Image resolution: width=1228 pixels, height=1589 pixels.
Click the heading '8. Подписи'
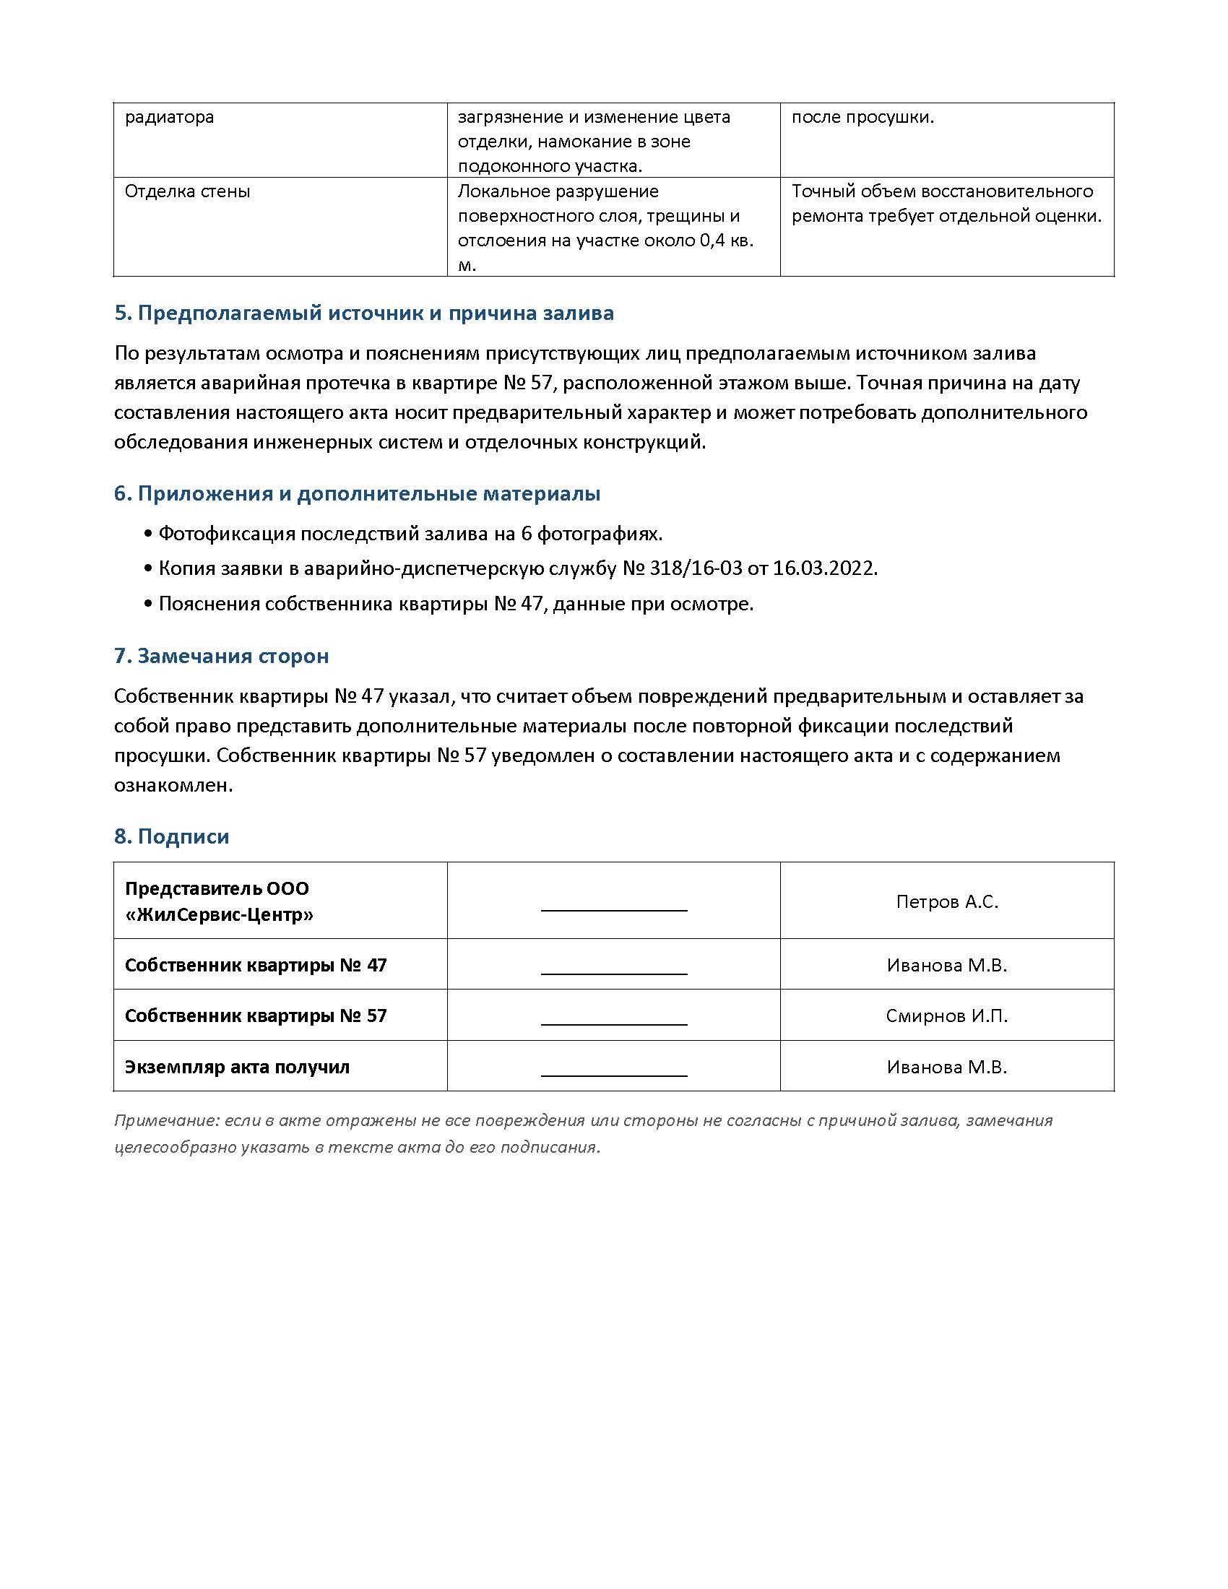[x=172, y=836]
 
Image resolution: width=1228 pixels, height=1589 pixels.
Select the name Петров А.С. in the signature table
[x=946, y=901]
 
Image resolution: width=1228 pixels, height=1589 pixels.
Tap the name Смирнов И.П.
[x=946, y=1016]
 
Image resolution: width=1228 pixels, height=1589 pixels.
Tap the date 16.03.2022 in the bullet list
[x=824, y=568]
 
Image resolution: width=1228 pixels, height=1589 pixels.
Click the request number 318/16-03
[x=696, y=568]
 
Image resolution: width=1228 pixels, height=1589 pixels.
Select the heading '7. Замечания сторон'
[x=221, y=656]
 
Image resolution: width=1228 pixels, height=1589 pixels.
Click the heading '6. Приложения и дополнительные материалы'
[x=357, y=493]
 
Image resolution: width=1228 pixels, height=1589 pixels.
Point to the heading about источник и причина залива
[x=364, y=313]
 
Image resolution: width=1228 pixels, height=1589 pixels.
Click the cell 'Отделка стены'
[x=188, y=191]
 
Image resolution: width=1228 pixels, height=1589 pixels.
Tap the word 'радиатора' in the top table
[x=170, y=117]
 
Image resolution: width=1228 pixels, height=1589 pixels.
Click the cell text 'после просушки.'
[x=862, y=117]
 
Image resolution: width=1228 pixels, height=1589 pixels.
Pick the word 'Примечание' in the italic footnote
[x=165, y=1120]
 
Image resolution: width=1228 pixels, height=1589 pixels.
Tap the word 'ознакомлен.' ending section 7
[x=173, y=785]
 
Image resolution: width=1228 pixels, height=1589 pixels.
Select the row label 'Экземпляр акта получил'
[x=237, y=1067]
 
